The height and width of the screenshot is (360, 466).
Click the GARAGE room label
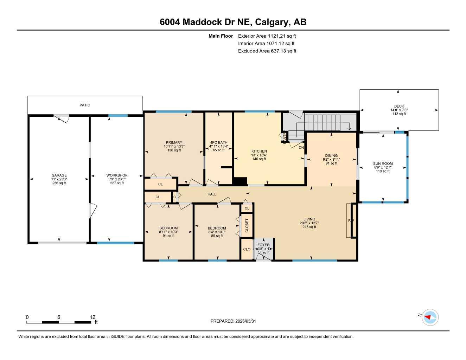click(x=59, y=175)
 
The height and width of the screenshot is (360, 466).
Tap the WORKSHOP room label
click(x=117, y=175)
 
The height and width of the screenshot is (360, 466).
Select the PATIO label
click(x=85, y=105)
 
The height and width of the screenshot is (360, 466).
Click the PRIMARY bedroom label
click(x=174, y=142)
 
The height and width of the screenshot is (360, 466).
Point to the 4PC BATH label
click(x=218, y=142)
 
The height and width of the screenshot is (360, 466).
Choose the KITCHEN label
click(x=259, y=151)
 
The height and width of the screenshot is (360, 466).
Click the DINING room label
click(x=331, y=155)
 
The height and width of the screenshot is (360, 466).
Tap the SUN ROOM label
click(x=383, y=163)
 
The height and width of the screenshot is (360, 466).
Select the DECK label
click(x=399, y=106)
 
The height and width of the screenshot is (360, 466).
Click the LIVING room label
click(x=309, y=219)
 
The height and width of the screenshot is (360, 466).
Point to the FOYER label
click(x=263, y=245)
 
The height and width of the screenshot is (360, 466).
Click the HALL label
click(x=212, y=194)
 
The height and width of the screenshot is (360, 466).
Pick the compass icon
click(x=430, y=317)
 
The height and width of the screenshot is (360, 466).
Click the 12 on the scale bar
click(x=92, y=317)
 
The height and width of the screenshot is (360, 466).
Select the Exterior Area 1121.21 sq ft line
click(x=267, y=36)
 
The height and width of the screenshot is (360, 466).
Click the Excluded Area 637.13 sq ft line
click(x=267, y=51)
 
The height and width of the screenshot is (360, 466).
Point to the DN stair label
click(x=301, y=148)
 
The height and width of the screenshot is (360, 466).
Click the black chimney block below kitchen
click(x=240, y=181)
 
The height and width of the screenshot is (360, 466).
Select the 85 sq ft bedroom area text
click(x=217, y=236)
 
